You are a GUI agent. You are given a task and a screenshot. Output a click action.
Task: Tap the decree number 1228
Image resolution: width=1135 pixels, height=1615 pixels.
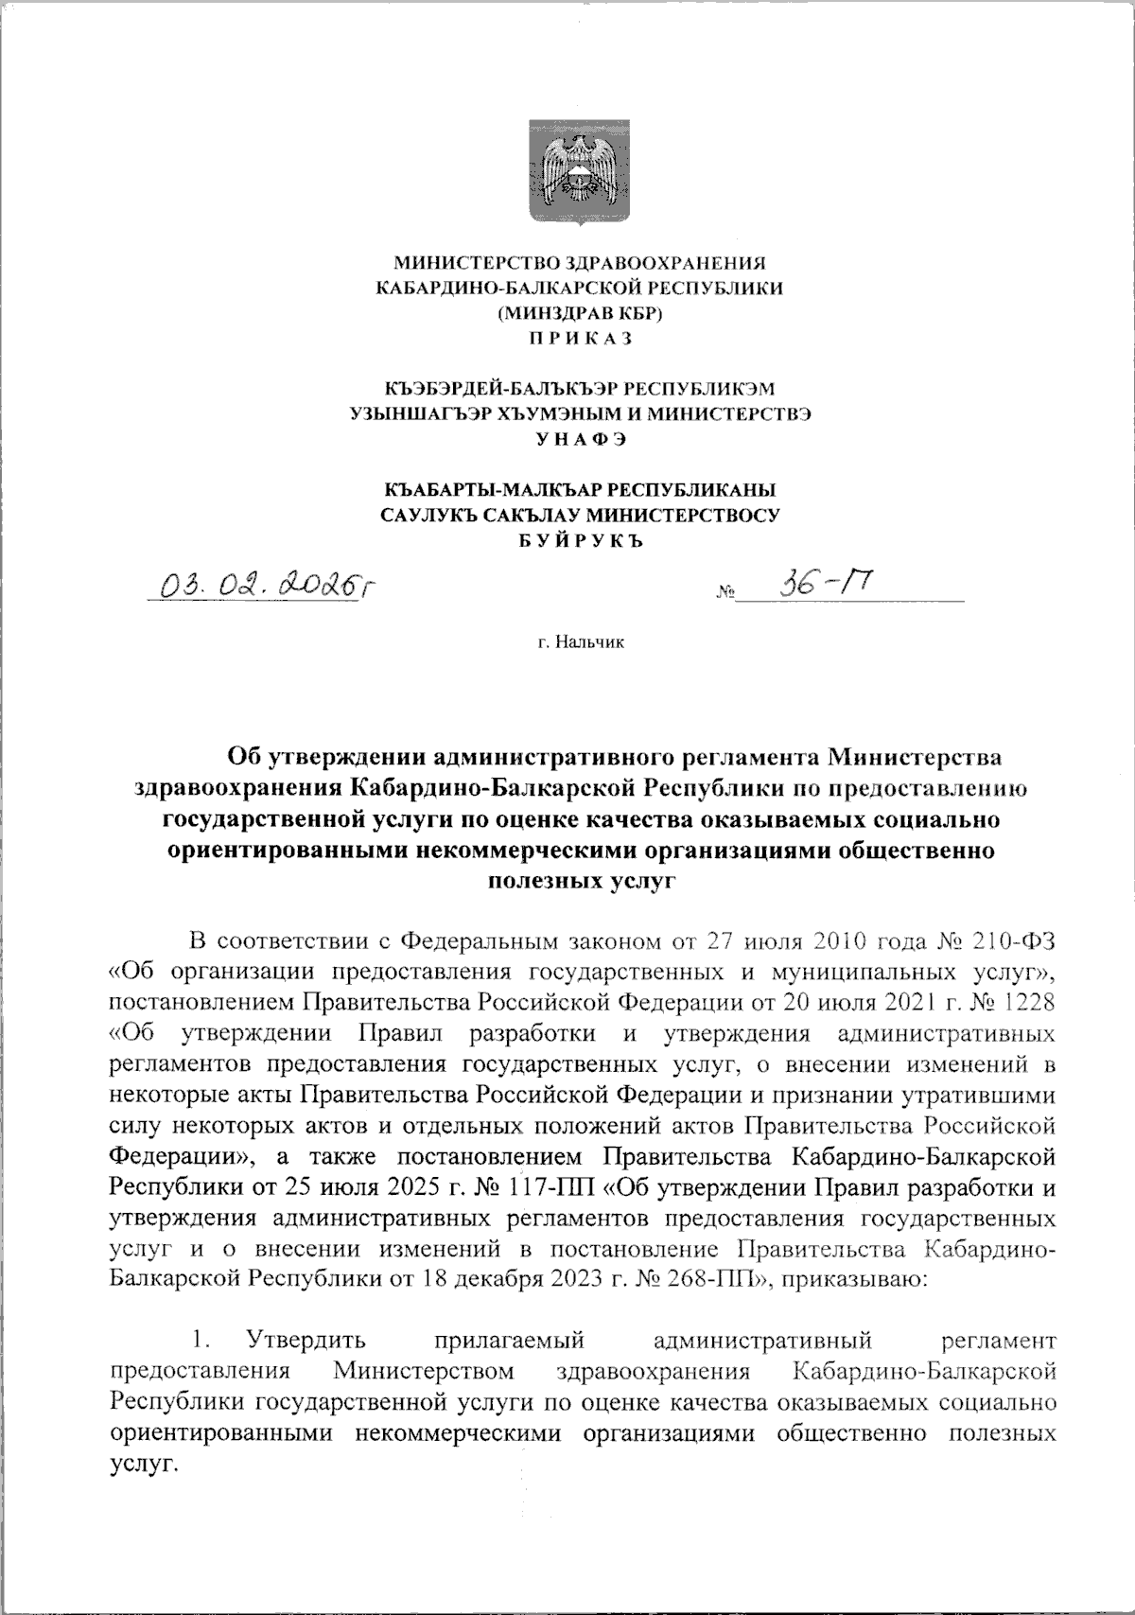coord(1029,999)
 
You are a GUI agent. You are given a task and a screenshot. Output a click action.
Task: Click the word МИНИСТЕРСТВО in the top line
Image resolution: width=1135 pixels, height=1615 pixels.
coord(469,262)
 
